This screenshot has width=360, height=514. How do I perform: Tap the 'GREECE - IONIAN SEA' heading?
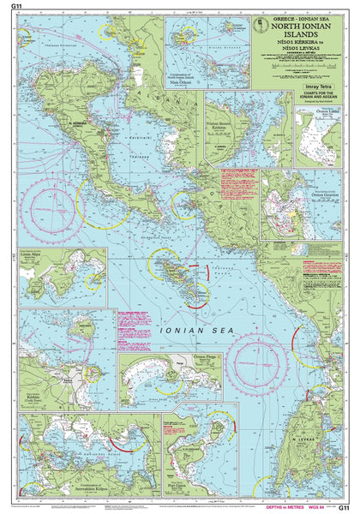point(299,16)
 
